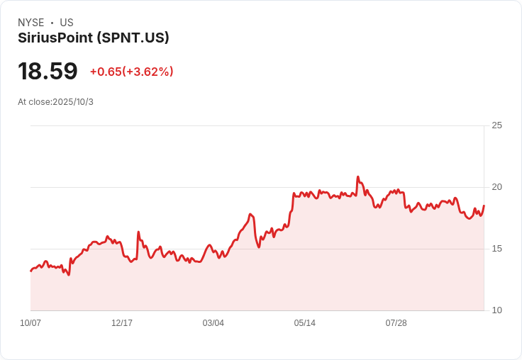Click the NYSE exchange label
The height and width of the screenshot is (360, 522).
click(x=30, y=23)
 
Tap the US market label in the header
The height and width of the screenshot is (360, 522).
click(x=67, y=23)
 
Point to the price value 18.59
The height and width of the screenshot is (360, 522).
click(x=48, y=72)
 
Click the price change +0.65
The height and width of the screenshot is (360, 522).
click(x=105, y=72)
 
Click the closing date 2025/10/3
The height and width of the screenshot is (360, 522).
click(x=73, y=102)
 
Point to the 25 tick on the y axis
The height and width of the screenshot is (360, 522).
click(x=496, y=125)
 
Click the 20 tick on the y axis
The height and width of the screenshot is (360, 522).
click(x=496, y=187)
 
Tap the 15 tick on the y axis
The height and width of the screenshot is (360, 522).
click(x=496, y=249)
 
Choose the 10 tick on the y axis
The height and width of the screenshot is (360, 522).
click(x=496, y=310)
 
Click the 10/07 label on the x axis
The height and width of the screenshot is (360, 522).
click(x=30, y=323)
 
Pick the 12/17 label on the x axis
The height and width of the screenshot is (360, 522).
click(x=122, y=323)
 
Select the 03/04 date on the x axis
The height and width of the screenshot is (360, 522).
click(x=213, y=323)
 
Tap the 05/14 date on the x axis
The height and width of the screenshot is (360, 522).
click(x=305, y=323)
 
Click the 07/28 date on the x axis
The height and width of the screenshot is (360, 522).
click(x=396, y=323)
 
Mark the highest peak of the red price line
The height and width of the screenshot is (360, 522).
click(x=357, y=177)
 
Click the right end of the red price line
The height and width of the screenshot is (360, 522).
click(x=484, y=206)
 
